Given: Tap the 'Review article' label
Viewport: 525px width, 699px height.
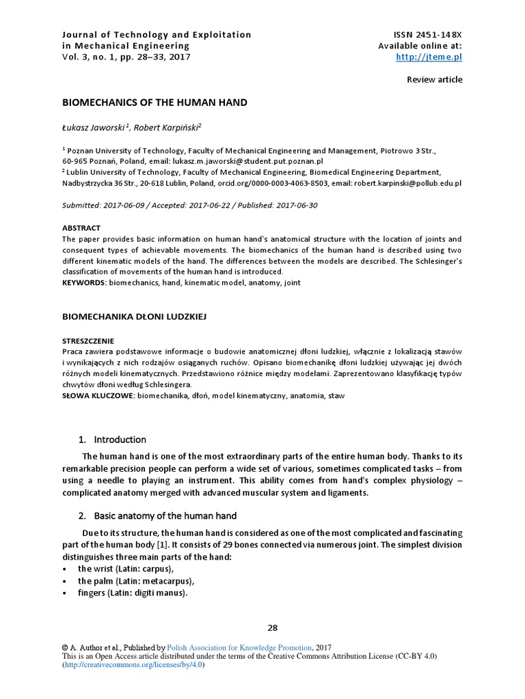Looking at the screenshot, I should pyautogui.click(x=434, y=80).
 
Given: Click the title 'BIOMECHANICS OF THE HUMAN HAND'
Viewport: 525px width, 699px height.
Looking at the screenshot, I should pyautogui.click(x=154, y=103).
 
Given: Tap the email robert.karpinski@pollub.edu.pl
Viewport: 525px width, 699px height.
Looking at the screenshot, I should pyautogui.click(x=409, y=184).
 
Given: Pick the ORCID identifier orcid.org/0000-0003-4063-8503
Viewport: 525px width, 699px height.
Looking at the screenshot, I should pyautogui.click(x=270, y=184).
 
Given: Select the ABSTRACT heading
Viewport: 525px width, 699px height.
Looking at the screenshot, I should pyautogui.click(x=81, y=228).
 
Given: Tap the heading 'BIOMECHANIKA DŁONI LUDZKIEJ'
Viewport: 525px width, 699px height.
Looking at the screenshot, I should pyautogui.click(x=134, y=317).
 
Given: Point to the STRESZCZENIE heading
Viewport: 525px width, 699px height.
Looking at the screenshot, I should pyautogui.click(x=88, y=341).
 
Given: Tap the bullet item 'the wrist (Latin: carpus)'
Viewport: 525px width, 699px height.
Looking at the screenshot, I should pyautogui.click(x=126, y=569).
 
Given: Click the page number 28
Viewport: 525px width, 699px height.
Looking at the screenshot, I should pyautogui.click(x=273, y=629).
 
